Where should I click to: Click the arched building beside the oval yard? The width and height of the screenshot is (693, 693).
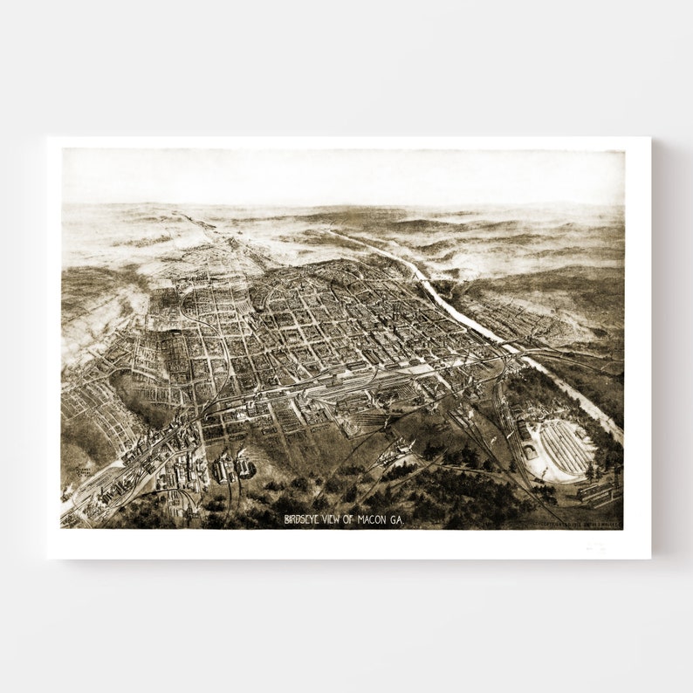pyautogui.click(x=529, y=451)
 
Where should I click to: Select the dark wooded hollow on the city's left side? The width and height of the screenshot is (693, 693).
pyautogui.click(x=140, y=397)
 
